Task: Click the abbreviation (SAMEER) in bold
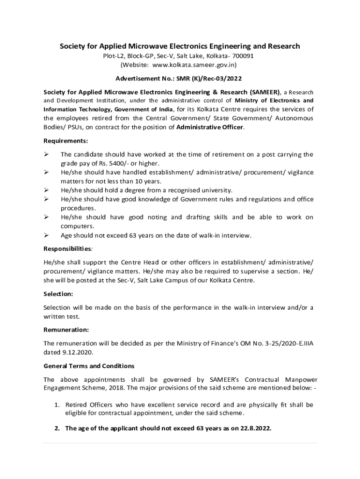(264, 92)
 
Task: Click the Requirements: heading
(65, 141)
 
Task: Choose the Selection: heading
(58, 293)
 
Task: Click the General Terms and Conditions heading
(89, 365)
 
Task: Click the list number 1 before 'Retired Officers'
(56, 405)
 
